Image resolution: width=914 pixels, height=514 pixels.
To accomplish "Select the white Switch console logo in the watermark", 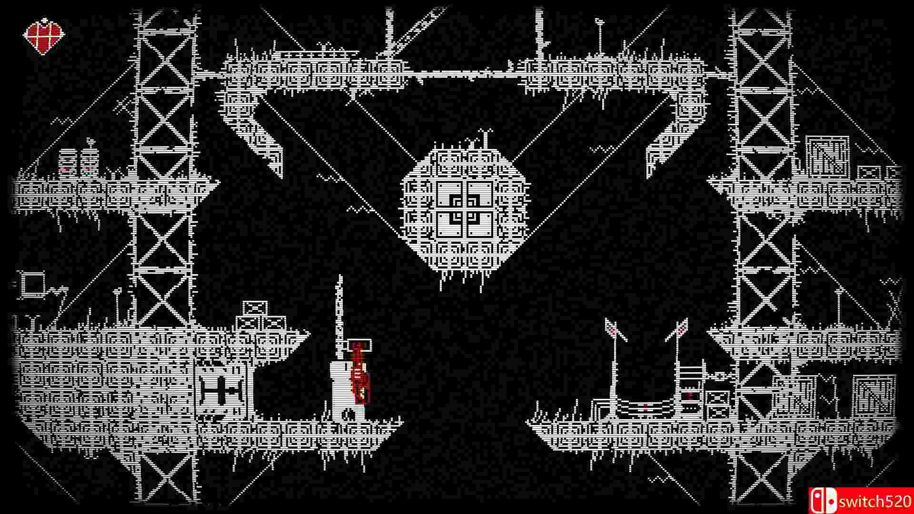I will click(823, 501).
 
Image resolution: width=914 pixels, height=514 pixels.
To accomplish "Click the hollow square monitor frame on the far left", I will click(32, 284).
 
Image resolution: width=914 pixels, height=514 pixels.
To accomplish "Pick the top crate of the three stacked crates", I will click(255, 308).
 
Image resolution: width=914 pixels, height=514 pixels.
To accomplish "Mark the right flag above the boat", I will click(681, 328).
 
